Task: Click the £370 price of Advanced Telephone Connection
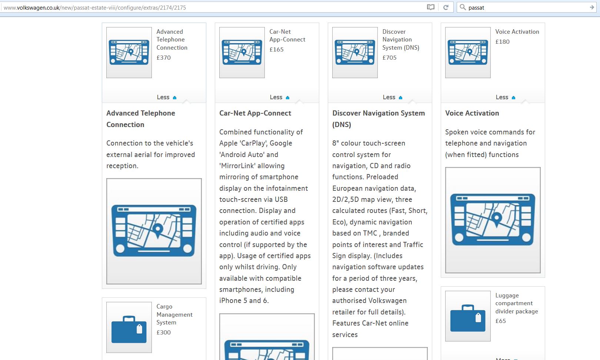(163, 57)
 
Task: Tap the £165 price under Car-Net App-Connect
(276, 50)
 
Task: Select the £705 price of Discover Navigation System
(390, 57)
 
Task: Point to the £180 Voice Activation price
(503, 42)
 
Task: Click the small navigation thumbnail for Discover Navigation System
(355, 53)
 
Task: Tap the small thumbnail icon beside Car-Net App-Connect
(242, 53)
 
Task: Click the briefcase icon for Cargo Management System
(129, 330)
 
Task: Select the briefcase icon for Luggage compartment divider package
(468, 318)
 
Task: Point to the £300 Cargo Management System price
(163, 333)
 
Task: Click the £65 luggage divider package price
(501, 321)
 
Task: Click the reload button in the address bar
(446, 7)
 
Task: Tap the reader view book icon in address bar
(430, 7)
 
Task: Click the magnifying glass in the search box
(463, 7)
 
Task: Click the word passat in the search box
(476, 8)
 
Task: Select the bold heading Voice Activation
(472, 113)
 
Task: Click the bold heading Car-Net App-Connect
(255, 113)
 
